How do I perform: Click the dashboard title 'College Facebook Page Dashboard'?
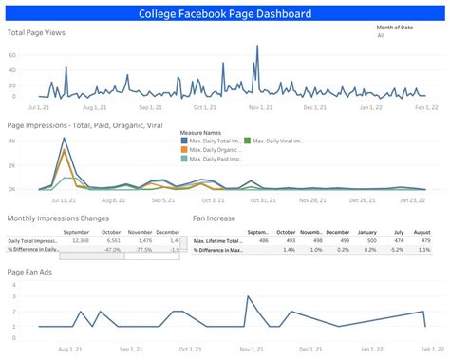[225, 13]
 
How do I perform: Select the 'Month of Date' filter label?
[398, 28]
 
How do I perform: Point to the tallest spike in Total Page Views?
[257, 47]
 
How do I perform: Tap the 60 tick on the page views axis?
[13, 55]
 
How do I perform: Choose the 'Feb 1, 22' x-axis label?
[424, 107]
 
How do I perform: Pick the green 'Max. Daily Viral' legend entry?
[275, 141]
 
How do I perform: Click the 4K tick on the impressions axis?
[13, 141]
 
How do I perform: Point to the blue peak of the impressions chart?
[64, 141]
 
